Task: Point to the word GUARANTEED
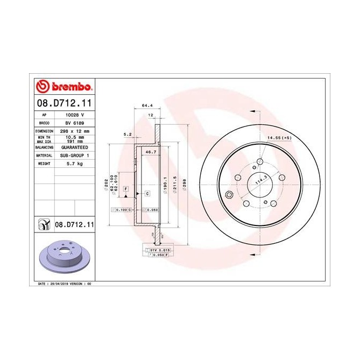[73, 146]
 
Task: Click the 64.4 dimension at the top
[145, 105]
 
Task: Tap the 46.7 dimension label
[145, 153]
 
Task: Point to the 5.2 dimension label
[128, 134]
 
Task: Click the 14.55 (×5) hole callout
[279, 138]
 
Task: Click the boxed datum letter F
[125, 189]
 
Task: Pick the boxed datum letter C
[147, 193]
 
